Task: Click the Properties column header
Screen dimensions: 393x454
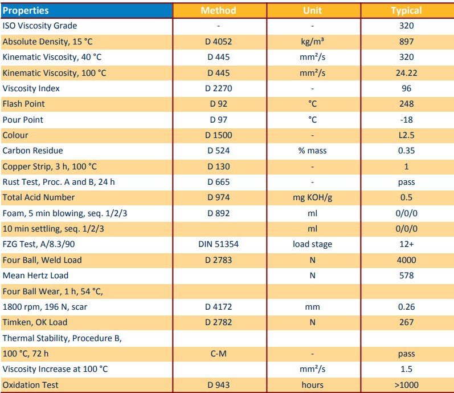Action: (x=26, y=10)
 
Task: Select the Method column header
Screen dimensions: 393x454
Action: (x=219, y=10)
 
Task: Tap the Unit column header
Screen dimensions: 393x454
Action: (x=313, y=10)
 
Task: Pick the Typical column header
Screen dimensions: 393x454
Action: (x=407, y=10)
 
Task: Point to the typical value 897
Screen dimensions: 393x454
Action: (x=407, y=42)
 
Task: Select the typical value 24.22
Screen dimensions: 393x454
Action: (x=407, y=73)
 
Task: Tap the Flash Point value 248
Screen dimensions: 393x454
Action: (x=407, y=104)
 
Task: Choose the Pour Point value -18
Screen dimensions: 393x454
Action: (x=407, y=120)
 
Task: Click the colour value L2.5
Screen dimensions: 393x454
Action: (x=407, y=135)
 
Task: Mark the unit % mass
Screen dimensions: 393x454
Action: (x=313, y=151)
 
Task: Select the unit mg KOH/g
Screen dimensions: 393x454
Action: (x=313, y=197)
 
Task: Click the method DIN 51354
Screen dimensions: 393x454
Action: (x=219, y=244)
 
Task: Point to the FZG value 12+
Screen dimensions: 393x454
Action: (x=407, y=244)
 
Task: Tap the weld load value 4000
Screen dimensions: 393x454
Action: (x=407, y=260)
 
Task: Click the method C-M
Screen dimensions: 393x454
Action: (x=219, y=354)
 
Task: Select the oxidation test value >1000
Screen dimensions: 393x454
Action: (x=407, y=385)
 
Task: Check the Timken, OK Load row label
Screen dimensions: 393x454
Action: (x=35, y=322)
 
